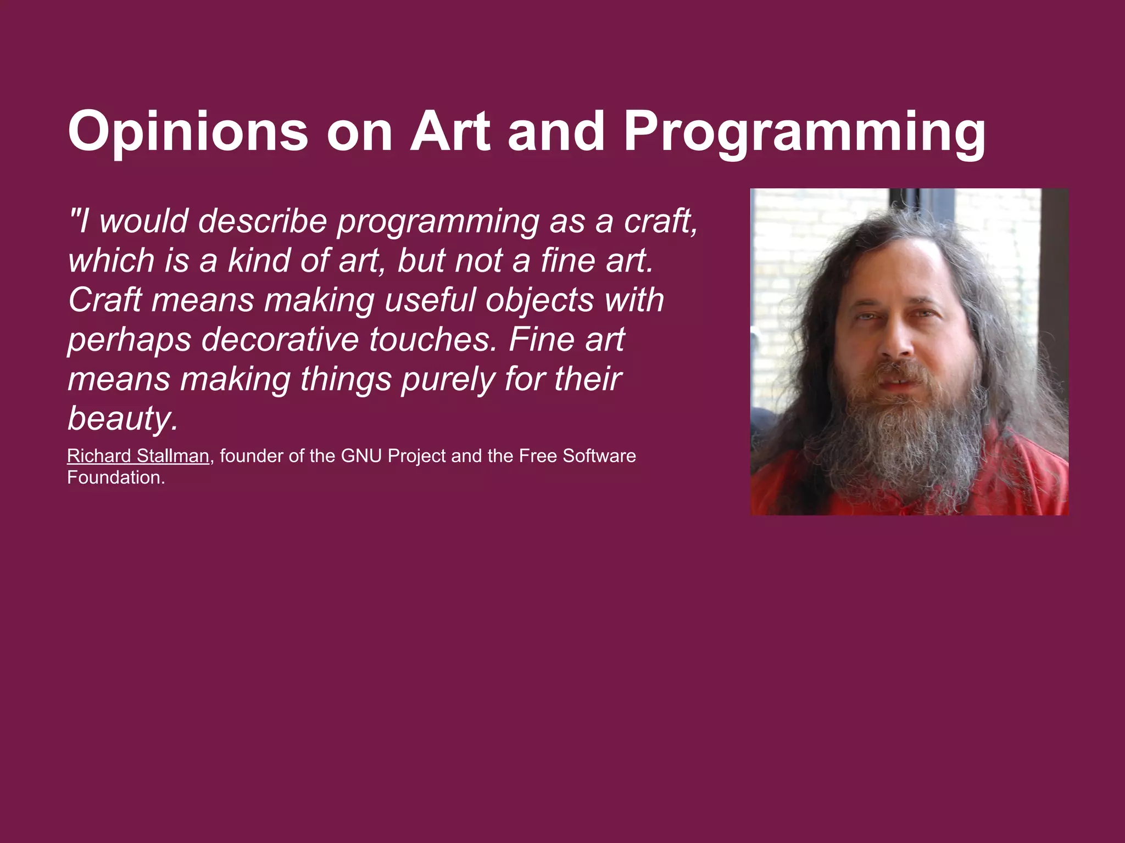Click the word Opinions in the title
(188, 133)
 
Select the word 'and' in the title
(556, 132)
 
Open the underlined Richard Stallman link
(138, 456)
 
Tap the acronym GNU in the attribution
(361, 456)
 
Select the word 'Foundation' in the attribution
(114, 477)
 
